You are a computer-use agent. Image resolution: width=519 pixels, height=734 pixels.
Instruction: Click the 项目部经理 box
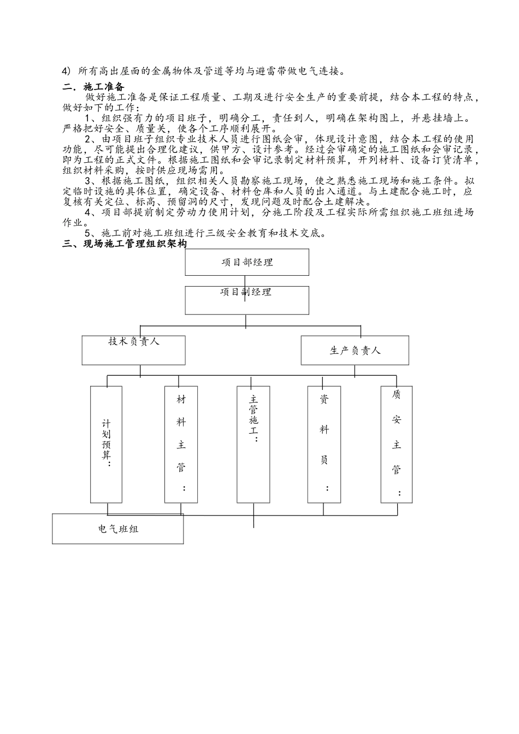point(247,262)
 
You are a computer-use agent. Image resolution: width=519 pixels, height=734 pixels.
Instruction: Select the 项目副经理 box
point(247,300)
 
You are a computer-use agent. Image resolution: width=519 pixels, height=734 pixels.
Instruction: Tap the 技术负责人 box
point(133,350)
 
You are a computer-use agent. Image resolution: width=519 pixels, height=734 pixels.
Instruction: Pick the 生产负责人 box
point(355,350)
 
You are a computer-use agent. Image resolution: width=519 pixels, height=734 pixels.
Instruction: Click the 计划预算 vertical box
point(106,444)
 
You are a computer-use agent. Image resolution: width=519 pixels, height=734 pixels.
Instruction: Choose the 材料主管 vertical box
point(181,444)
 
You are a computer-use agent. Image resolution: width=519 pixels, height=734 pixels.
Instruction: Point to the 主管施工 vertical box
point(253,444)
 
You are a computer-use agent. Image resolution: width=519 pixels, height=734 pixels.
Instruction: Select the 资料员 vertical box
point(324,444)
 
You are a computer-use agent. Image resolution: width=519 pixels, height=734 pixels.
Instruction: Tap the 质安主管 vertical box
point(396,444)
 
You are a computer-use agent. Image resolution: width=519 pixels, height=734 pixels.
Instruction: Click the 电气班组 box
point(117,529)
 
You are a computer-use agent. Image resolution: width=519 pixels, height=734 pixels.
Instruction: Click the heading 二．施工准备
point(93,87)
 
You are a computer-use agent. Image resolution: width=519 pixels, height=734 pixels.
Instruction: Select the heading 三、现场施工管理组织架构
point(125,244)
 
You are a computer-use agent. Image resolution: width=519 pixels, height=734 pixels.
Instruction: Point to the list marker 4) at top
point(67,71)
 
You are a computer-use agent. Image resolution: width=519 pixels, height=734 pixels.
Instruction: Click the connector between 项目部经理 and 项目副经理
point(245,281)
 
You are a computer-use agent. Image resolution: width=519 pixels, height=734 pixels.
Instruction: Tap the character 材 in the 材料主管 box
point(181,399)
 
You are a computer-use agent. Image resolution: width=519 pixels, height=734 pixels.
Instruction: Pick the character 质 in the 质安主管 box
point(396,394)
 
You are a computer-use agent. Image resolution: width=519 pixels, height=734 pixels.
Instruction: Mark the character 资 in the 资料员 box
point(324,399)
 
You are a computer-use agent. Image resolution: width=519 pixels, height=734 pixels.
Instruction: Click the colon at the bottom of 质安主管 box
point(400,493)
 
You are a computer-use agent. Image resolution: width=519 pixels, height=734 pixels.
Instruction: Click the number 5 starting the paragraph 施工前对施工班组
point(89,233)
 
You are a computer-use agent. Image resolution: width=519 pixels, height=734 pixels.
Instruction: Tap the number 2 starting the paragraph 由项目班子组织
point(89,139)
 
